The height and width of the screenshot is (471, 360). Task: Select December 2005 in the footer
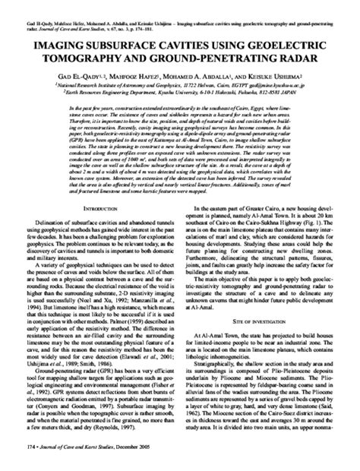pyautogui.click(x=157, y=460)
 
